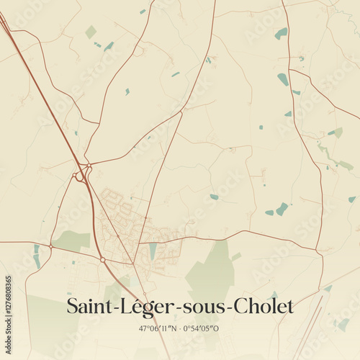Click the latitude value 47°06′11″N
[158, 328]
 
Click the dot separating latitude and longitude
[179, 328]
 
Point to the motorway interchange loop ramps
[81, 174]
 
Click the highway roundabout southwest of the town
[102, 259]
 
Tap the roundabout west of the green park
[51, 246]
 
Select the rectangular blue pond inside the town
[153, 251]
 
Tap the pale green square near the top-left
[90, 32]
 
